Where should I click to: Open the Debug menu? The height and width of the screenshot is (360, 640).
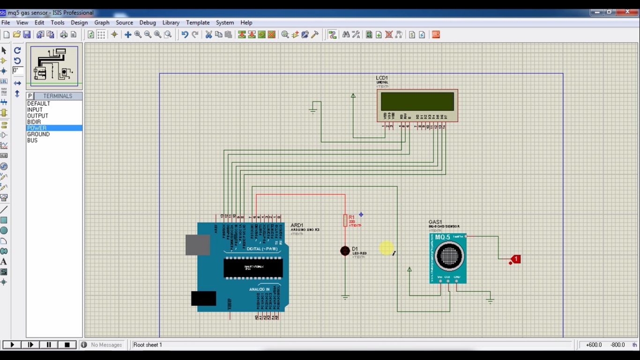tap(148, 22)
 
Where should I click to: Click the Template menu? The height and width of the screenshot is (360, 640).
tap(198, 22)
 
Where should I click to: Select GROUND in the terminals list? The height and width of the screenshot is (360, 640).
tap(38, 134)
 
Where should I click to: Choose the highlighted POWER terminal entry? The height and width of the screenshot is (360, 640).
tap(37, 128)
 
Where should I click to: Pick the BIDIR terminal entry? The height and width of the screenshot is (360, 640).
tap(34, 122)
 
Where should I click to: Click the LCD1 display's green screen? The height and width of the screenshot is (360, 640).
tap(417, 101)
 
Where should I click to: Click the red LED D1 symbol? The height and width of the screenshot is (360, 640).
tap(345, 251)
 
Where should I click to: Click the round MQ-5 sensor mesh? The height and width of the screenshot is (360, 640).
tap(449, 256)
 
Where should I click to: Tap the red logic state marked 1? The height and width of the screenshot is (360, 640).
tap(515, 259)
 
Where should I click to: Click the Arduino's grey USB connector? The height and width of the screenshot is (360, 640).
tap(198, 245)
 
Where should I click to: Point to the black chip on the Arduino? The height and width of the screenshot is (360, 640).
tap(253, 268)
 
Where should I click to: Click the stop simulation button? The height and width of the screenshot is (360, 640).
tap(67, 345)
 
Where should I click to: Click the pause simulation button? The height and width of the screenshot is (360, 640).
tap(49, 345)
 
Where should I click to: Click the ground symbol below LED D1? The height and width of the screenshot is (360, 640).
tap(345, 297)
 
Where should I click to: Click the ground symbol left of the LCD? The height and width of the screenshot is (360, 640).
tap(313, 111)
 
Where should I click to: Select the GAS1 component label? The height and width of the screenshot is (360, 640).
tap(435, 222)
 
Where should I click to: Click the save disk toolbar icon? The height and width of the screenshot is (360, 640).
tap(27, 35)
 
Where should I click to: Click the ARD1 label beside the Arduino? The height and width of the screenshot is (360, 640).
tap(297, 225)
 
